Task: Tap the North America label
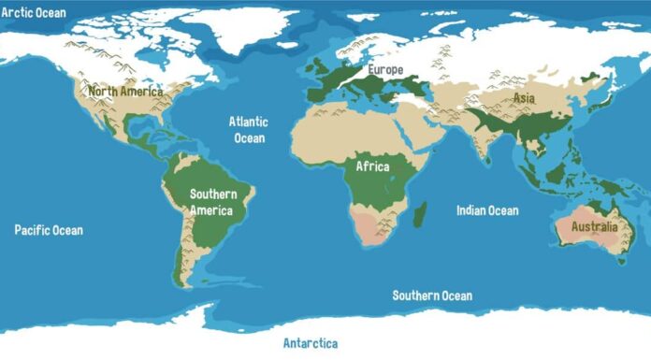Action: click(125, 92)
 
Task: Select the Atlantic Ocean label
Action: click(249, 130)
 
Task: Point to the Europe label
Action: click(384, 70)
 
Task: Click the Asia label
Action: click(523, 97)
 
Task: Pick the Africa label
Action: click(372, 166)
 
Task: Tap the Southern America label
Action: click(213, 202)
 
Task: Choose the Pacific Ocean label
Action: click(49, 230)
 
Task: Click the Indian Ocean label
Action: click(486, 210)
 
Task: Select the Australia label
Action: click(594, 227)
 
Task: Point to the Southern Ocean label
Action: click(432, 295)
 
